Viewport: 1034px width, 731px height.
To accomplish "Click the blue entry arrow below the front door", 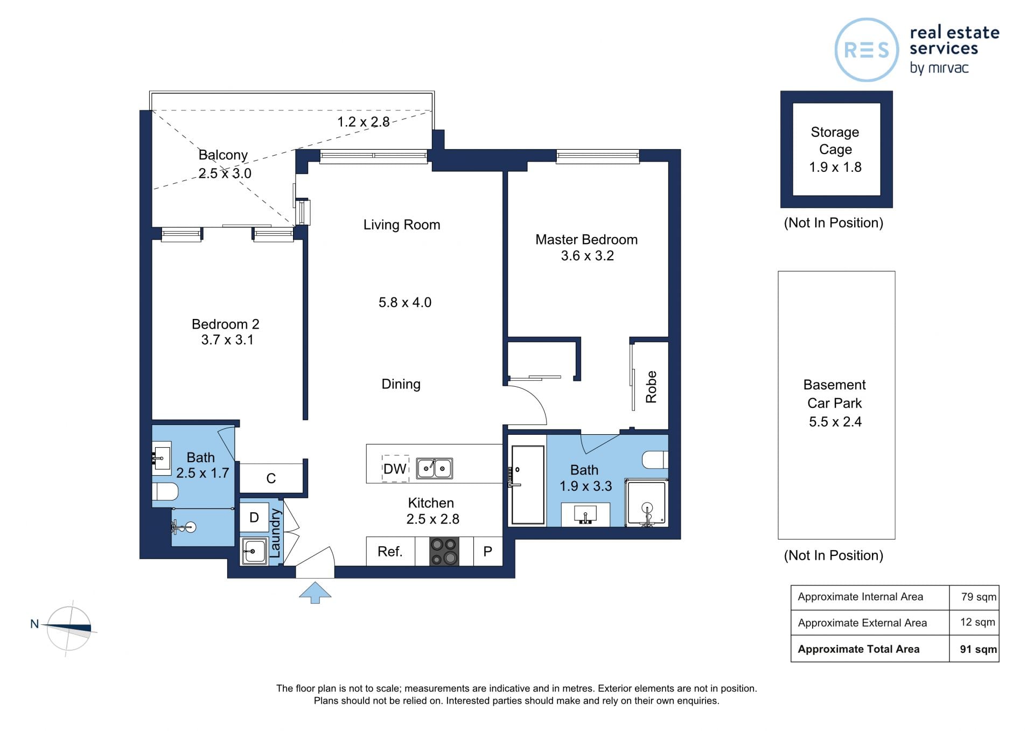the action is tap(315, 592).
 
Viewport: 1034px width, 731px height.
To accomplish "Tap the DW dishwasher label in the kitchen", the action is tap(395, 469).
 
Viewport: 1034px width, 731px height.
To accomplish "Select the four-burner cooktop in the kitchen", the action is tap(444, 551).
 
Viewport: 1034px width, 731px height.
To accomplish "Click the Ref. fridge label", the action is tap(390, 552).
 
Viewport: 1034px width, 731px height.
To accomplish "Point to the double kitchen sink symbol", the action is tap(434, 468).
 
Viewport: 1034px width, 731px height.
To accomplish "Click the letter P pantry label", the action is tap(488, 552).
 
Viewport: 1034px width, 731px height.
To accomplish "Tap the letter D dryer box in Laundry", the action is tap(254, 518).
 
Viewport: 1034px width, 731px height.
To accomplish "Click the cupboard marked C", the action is tap(271, 478).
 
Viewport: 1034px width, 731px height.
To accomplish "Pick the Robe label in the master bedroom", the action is tap(651, 387).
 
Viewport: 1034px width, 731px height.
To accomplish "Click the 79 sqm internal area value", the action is tap(979, 597).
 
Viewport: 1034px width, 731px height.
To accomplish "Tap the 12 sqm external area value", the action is tap(977, 622).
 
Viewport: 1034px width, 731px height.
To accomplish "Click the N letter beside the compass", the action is tap(34, 624).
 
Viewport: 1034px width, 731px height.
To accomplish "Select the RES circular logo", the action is tap(867, 50).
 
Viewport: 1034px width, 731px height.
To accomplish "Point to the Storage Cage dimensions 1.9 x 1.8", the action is tap(835, 167).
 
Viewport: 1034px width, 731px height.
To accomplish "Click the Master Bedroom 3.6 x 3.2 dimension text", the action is tap(588, 256).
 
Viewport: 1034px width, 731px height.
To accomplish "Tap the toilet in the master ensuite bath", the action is tap(655, 460).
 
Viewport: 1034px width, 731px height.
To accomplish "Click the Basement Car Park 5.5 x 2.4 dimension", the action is tap(835, 422).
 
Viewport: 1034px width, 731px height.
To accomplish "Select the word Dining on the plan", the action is tap(401, 384).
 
